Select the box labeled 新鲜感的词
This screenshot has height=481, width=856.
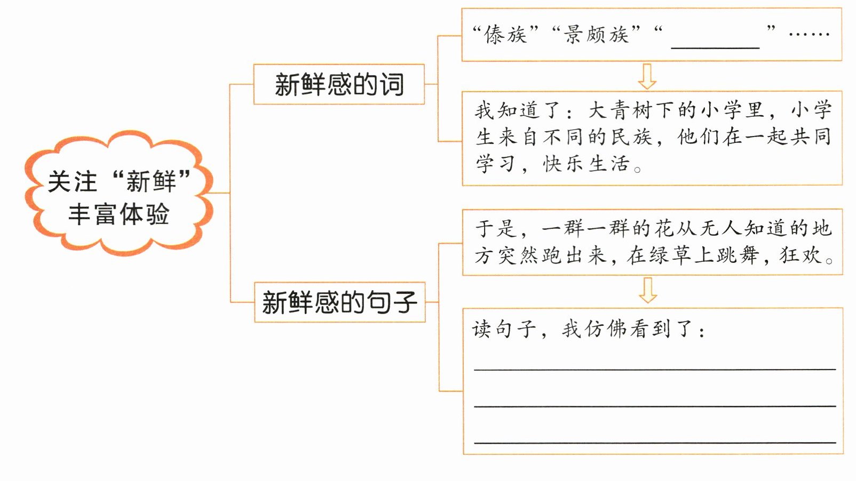point(339,84)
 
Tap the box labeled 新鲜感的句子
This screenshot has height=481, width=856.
point(339,302)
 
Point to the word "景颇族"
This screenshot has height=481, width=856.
point(596,35)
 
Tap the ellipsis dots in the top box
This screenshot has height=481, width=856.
point(809,34)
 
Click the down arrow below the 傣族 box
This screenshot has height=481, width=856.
point(647,76)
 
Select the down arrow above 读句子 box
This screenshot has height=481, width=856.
point(648,290)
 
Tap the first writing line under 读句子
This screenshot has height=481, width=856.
point(655,368)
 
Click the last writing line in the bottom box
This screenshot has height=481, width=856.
point(655,442)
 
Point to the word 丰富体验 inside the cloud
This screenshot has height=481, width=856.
point(118,214)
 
